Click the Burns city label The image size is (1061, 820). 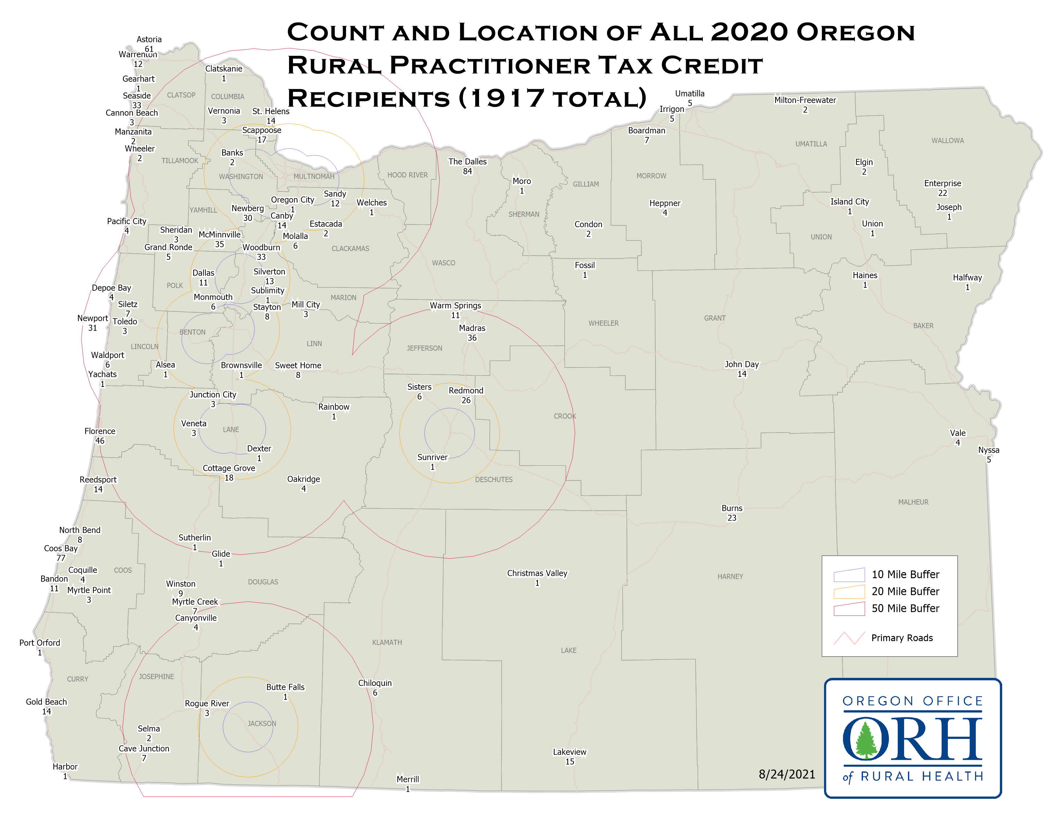[732, 508]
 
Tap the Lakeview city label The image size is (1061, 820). [569, 752]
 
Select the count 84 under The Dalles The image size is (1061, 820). [467, 171]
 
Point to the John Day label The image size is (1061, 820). [741, 364]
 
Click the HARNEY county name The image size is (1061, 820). [730, 577]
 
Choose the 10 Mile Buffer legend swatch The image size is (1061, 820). [849, 575]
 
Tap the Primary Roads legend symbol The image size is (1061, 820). [849, 638]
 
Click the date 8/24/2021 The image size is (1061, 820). [786, 774]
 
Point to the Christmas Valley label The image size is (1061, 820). [537, 573]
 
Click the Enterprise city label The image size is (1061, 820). [942, 183]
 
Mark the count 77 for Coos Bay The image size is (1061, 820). [61, 558]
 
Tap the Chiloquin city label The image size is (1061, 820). [375, 683]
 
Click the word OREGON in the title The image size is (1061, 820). [856, 32]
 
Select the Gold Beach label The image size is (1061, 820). [46, 702]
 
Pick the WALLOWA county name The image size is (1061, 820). [947, 141]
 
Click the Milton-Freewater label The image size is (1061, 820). [805, 100]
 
